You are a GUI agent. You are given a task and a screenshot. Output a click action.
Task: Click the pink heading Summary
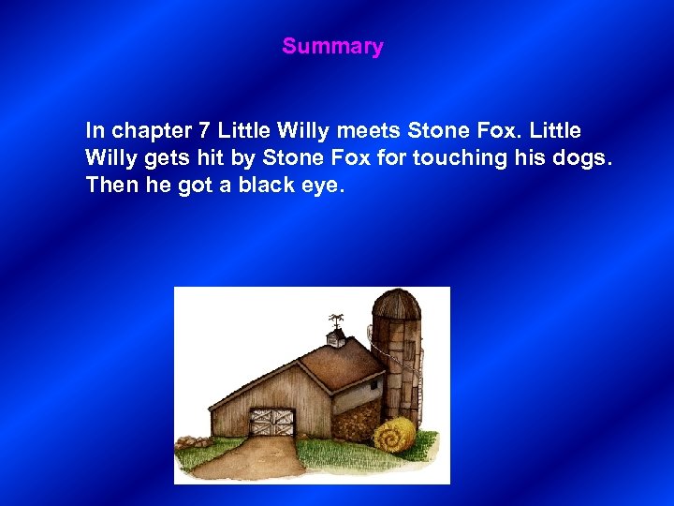point(332,46)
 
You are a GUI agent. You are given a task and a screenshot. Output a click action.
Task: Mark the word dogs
point(581,157)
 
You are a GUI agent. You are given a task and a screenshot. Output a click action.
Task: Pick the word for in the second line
point(391,156)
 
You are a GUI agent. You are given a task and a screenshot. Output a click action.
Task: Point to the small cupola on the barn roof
point(335,335)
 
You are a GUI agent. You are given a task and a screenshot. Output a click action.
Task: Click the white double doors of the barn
point(271,422)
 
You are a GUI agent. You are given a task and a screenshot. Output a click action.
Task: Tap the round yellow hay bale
point(394,435)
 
